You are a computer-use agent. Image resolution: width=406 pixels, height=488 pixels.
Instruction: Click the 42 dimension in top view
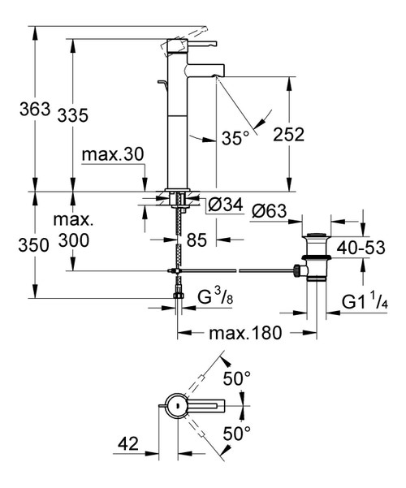click(x=128, y=443)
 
